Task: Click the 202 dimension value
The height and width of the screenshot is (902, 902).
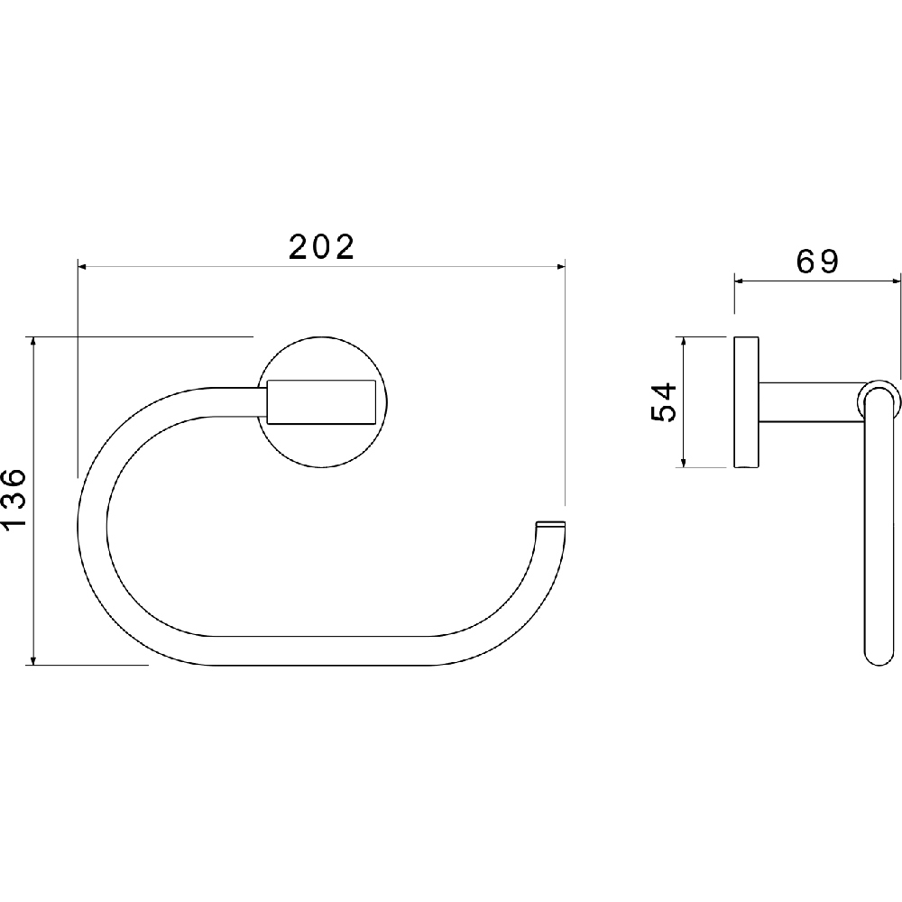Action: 322,247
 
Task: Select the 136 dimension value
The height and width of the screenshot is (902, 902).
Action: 14,498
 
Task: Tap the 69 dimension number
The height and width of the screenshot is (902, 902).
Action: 817,262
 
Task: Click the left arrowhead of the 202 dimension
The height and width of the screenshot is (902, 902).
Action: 82,266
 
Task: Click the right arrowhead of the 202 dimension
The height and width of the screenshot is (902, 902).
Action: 561,266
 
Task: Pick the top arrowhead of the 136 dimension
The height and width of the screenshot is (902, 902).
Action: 34,341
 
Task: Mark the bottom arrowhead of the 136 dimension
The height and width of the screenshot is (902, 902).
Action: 34,660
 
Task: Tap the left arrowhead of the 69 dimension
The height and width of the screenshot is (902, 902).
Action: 739,281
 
